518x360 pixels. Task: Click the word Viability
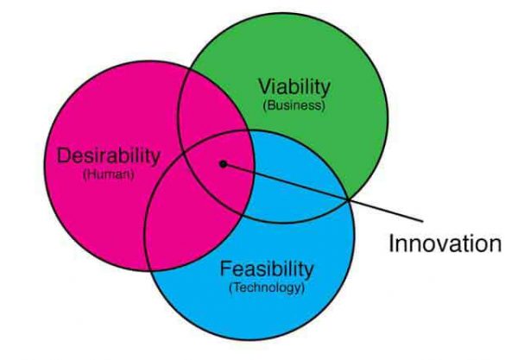point(294,87)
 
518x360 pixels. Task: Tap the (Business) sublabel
point(294,105)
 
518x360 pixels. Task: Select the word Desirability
point(109,155)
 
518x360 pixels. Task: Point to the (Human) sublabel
point(109,174)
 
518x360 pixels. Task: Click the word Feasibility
point(266,269)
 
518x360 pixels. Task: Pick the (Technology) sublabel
point(267,287)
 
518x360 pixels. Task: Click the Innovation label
point(445,243)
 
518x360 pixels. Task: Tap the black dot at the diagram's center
point(224,164)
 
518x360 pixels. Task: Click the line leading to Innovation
point(323,193)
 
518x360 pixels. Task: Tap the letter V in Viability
point(265,86)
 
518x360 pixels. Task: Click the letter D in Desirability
point(63,156)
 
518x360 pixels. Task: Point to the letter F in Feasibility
point(226,268)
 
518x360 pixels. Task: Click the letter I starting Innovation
point(391,243)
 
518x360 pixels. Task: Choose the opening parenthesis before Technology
point(231,287)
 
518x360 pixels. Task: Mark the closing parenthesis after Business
point(323,106)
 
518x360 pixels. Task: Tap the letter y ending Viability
point(325,90)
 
